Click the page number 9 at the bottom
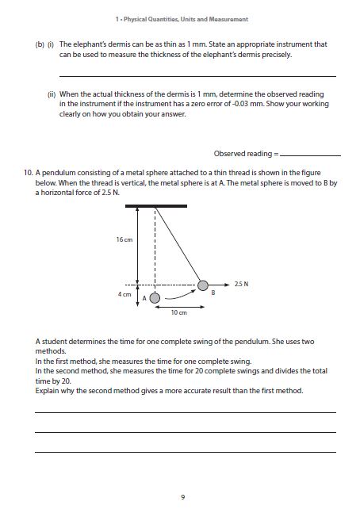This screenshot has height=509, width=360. [x=182, y=497]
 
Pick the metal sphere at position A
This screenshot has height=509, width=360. [x=155, y=298]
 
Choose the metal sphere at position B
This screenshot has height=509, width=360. [x=204, y=285]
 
